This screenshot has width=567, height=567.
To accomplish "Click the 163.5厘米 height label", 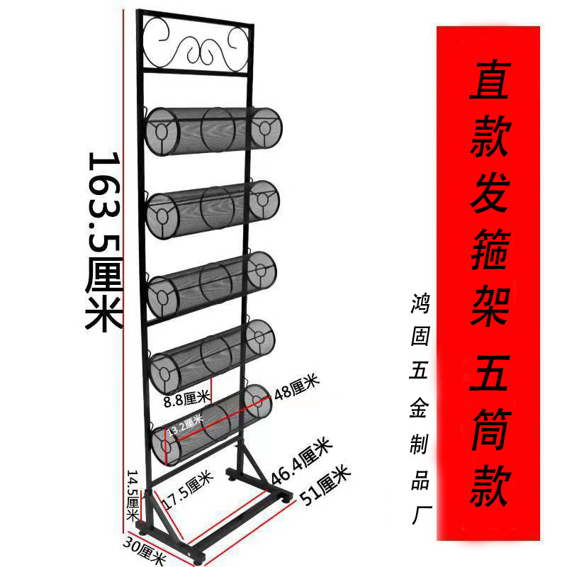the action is click(x=104, y=241).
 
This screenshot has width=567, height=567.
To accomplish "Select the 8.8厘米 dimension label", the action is click(x=186, y=401).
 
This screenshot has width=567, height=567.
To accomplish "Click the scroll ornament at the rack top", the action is click(x=195, y=45).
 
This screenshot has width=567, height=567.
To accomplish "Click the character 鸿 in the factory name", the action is click(x=420, y=307).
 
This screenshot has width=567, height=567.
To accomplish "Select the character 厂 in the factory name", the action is click(x=420, y=512).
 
